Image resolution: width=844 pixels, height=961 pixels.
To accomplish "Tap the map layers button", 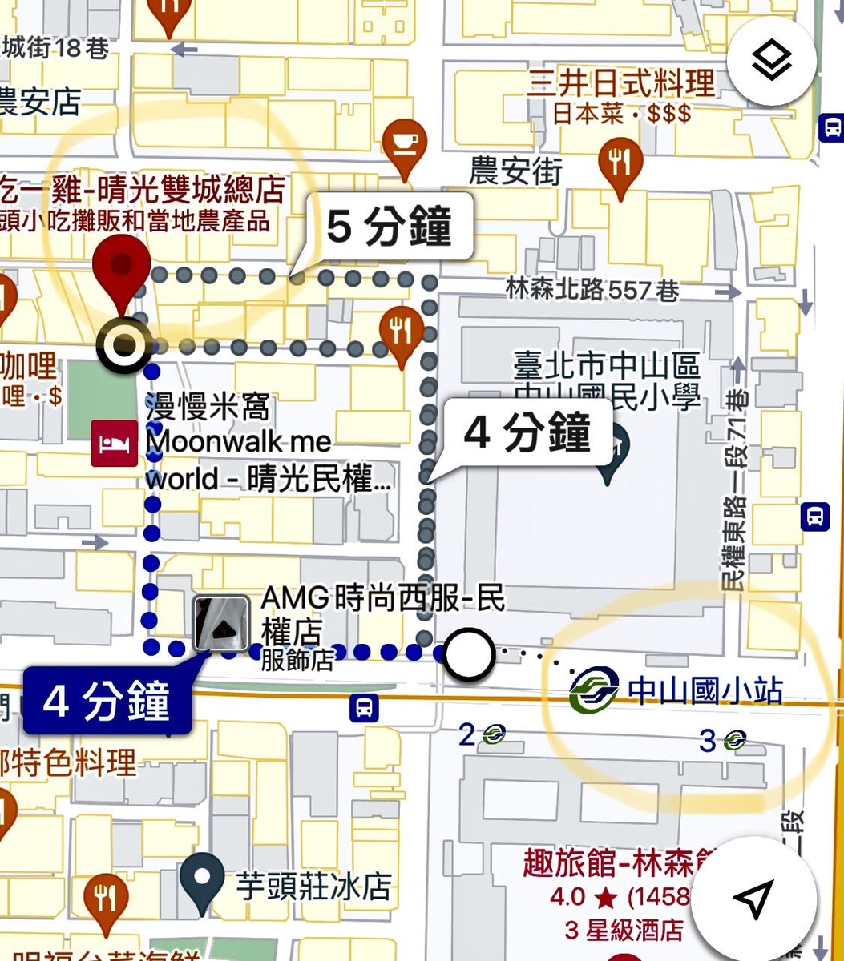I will tap(772, 60).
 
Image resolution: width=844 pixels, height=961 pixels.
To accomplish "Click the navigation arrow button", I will tap(753, 899).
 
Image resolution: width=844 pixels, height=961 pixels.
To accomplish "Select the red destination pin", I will tap(121, 272).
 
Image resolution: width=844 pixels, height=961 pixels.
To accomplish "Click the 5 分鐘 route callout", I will tap(389, 227).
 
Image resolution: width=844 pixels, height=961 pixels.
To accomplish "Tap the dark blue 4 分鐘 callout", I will tap(107, 702).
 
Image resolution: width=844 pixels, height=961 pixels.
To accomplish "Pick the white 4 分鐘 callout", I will tap(527, 435).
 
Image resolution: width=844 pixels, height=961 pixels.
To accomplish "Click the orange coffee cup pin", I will tap(405, 145).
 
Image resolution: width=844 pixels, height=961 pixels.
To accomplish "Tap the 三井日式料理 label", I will tap(620, 83).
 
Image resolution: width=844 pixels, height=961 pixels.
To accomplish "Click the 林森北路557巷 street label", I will tap(592, 289).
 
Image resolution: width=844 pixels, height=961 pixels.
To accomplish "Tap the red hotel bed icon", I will tap(114, 443).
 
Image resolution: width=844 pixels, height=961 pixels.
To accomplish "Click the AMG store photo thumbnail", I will tap(220, 623).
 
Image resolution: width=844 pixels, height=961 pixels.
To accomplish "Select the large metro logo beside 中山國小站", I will tap(594, 690).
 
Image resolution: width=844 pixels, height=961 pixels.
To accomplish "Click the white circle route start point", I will tap(469, 653).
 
